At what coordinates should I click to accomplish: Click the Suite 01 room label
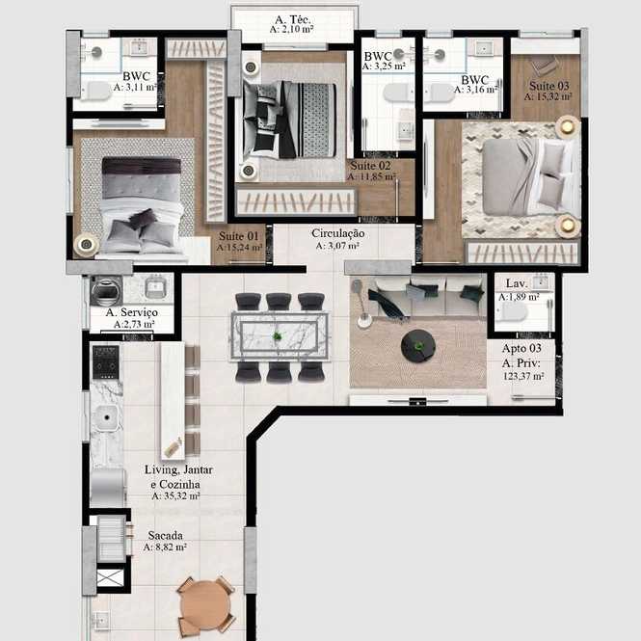[x=238, y=236]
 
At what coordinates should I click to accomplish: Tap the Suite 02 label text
[x=370, y=166]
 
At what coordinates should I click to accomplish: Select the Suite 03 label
[x=549, y=86]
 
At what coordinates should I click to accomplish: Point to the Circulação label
[x=337, y=233]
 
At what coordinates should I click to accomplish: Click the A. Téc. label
[x=292, y=19]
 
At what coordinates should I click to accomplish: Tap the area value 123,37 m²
[x=522, y=376]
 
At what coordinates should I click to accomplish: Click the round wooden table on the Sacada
[x=205, y=606]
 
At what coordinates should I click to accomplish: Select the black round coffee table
[x=417, y=346]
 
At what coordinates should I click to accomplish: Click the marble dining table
[x=280, y=336]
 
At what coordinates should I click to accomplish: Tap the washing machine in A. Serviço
[x=106, y=290]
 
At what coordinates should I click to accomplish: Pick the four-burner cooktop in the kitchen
[x=106, y=362]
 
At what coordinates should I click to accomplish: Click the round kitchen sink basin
[x=107, y=417]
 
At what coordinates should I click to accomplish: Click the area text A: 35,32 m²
[x=175, y=495]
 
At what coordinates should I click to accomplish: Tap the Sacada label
[x=165, y=535]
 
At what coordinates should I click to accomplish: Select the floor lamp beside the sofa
[x=361, y=304]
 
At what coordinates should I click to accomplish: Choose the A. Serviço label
[x=132, y=312]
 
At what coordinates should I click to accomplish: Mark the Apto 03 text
[x=521, y=348]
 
